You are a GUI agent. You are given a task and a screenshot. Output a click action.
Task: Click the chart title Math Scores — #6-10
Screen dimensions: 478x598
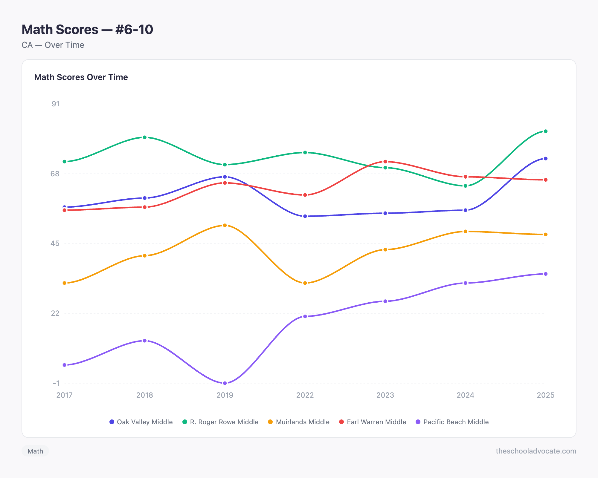87,30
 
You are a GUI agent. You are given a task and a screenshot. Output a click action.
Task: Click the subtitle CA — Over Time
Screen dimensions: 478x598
53,45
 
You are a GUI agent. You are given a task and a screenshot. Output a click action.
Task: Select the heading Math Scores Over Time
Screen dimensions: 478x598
81,77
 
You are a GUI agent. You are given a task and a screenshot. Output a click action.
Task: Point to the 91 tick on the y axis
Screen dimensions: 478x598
56,104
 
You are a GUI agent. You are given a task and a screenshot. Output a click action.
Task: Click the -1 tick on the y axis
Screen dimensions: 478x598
56,383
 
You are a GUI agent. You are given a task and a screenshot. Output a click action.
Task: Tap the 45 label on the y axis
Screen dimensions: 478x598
55,243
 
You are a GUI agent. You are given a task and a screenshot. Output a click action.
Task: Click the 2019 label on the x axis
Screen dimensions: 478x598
225,395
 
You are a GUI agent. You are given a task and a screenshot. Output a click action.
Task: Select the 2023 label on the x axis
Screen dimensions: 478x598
385,395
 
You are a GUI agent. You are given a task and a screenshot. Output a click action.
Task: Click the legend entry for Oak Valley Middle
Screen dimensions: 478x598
141,422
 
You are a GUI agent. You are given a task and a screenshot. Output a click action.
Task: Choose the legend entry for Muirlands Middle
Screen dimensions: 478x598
299,422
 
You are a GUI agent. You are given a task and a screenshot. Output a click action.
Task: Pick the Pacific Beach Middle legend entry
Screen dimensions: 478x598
452,422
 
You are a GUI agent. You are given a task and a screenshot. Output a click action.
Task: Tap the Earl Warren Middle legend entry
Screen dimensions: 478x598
373,422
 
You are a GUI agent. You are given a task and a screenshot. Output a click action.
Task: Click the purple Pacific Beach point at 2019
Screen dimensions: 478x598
225,383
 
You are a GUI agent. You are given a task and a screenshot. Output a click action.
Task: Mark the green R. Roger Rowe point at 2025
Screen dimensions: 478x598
545,131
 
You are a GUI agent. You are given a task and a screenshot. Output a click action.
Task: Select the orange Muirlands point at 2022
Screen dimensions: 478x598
305,283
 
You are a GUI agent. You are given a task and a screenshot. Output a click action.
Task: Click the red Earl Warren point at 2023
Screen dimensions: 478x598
385,162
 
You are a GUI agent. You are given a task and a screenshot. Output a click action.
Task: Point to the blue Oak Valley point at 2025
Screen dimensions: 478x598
545,159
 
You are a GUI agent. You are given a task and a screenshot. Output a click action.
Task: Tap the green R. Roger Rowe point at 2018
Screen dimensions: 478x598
145,137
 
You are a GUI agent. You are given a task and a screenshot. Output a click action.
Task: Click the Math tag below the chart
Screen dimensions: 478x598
35,451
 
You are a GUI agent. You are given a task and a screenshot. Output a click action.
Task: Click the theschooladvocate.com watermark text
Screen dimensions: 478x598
536,451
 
